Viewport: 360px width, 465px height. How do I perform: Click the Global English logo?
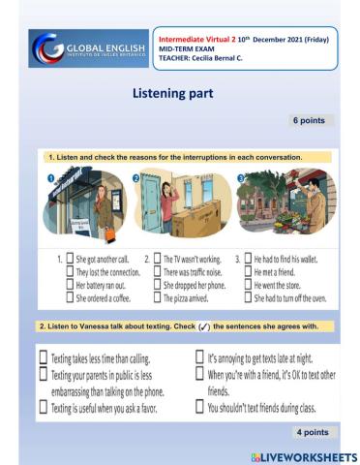87,48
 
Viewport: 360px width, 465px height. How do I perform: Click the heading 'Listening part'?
180,95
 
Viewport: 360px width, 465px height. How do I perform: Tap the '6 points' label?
311,121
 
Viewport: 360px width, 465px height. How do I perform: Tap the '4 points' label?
312,431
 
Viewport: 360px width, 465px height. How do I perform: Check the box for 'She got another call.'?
70,260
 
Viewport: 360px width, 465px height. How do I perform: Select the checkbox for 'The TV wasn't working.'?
157,260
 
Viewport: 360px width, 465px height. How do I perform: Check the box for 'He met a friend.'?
248,273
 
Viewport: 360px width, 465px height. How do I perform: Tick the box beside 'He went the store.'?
248,286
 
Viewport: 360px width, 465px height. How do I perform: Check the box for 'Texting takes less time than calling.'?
43,356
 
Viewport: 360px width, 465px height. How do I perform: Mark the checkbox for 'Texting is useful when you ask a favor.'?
43,408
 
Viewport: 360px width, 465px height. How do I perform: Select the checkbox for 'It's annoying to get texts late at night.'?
199,356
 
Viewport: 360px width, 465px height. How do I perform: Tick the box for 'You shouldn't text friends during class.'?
199,408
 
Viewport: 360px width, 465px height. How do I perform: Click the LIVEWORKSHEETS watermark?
304,456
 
